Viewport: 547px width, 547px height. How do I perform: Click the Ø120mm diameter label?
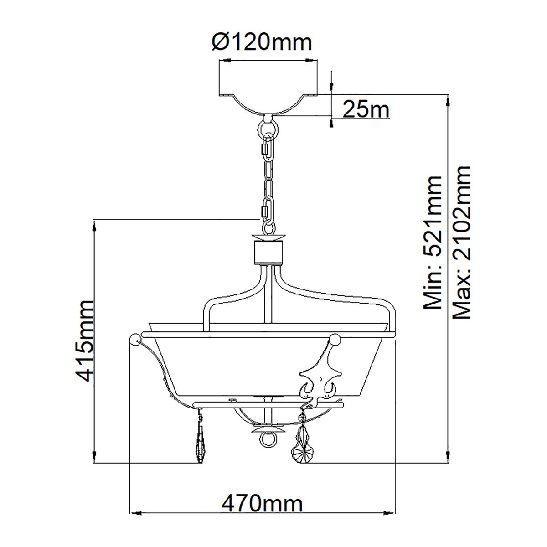[262, 42]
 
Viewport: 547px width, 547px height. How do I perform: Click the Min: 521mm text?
[433, 243]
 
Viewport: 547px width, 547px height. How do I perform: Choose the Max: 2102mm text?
[461, 243]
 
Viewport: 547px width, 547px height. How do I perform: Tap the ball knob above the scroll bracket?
[335, 339]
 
